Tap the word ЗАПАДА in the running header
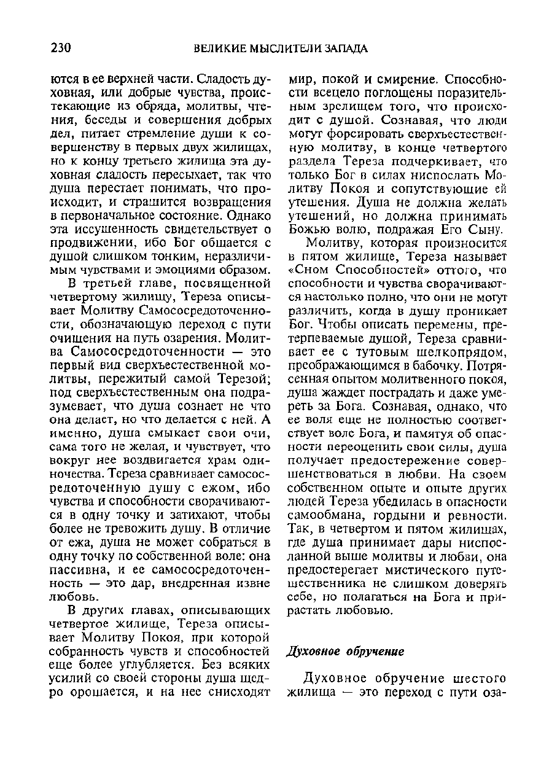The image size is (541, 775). tap(337, 49)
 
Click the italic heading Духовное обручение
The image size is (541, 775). tap(345, 652)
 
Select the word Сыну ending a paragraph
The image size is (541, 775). tap(485, 229)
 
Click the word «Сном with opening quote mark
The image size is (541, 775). tap(310, 270)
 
